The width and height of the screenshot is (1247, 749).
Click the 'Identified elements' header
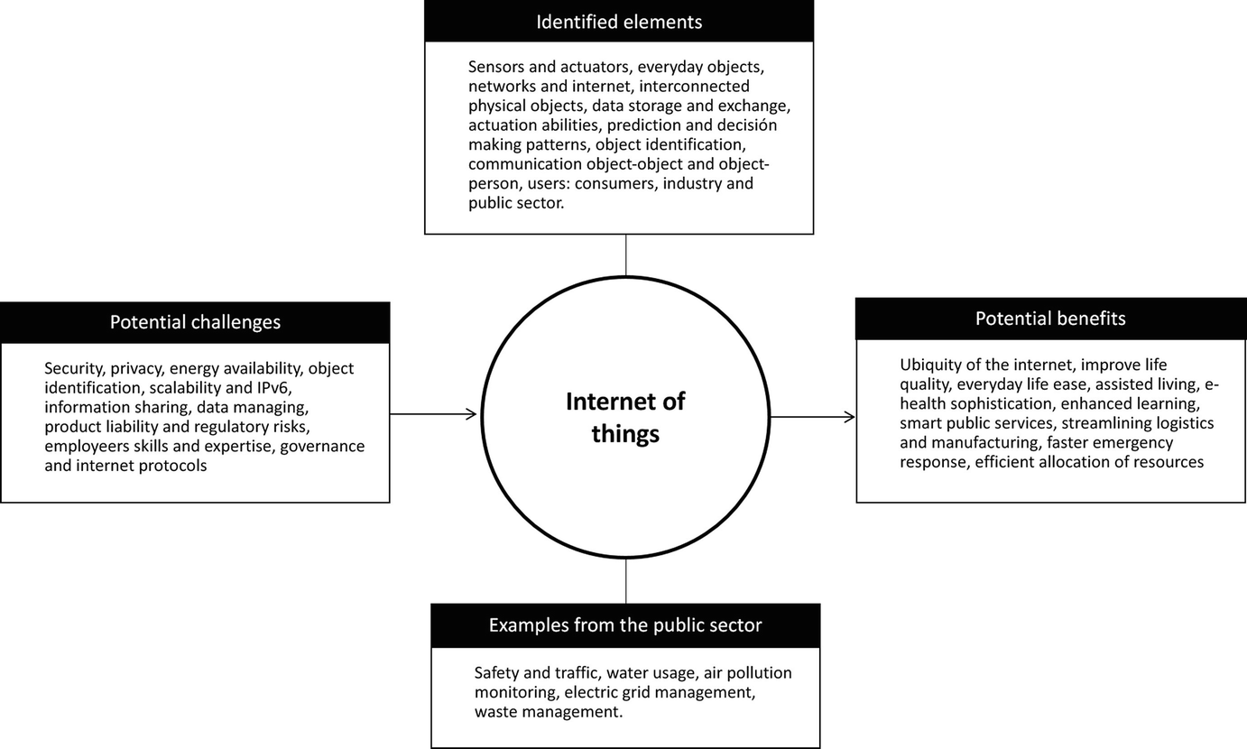pyautogui.click(x=619, y=21)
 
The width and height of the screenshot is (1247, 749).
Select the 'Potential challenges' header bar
pyautogui.click(x=195, y=322)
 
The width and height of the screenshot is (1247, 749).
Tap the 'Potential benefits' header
pyautogui.click(x=1050, y=319)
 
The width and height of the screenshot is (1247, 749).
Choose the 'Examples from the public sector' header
pyautogui.click(x=625, y=625)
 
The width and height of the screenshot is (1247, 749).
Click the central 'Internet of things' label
pyautogui.click(x=625, y=417)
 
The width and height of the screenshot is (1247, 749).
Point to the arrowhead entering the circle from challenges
pyautogui.click(x=471, y=414)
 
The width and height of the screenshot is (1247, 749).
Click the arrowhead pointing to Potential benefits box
pyautogui.click(x=849, y=417)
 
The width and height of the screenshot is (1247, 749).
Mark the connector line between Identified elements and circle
pyautogui.click(x=625, y=255)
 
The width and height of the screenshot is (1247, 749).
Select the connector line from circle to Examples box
pyautogui.click(x=625, y=581)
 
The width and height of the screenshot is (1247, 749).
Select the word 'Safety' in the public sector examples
pyautogui.click(x=498, y=672)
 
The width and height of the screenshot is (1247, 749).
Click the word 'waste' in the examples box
pyautogui.click(x=496, y=712)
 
